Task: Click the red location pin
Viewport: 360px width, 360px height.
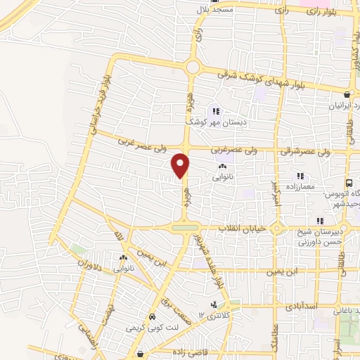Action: click(181, 165)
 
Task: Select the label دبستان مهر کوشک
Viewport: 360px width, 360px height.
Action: click(216, 121)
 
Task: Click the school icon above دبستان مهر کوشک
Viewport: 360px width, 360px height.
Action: click(216, 110)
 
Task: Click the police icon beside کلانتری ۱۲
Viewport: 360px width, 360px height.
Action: click(214, 304)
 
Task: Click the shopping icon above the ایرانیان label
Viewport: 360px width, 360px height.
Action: click(347, 94)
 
